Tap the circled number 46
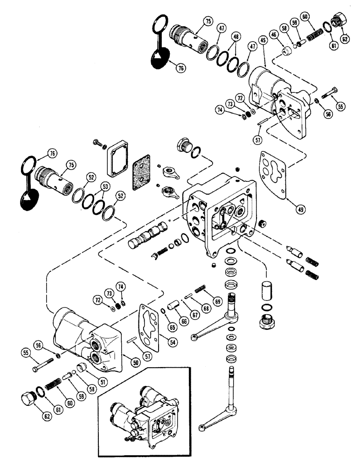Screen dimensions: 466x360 pyautogui.click(x=273, y=37)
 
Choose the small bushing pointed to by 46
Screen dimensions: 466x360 pyautogui.click(x=283, y=49)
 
